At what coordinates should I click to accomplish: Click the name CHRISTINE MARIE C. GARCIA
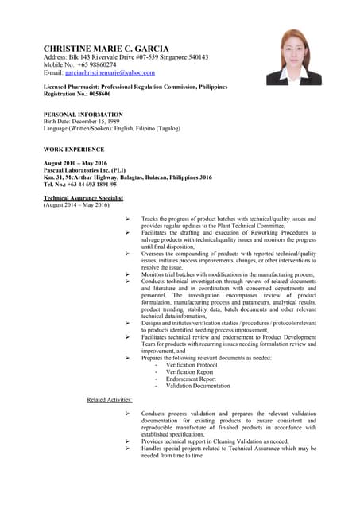(106, 48)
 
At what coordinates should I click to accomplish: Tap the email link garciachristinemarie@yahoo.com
(110, 73)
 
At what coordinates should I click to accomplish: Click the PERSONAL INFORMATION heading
(83, 114)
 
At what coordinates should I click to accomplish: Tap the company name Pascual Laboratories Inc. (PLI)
(83, 169)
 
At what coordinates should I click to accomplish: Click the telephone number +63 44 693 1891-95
(89, 184)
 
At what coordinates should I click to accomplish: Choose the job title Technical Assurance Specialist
(83, 198)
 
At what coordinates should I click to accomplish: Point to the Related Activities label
(110, 399)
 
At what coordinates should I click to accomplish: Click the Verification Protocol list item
(192, 365)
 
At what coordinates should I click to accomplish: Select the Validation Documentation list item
(199, 386)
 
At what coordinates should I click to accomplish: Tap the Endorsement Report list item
(191, 379)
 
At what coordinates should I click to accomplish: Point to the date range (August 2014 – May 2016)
(76, 205)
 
